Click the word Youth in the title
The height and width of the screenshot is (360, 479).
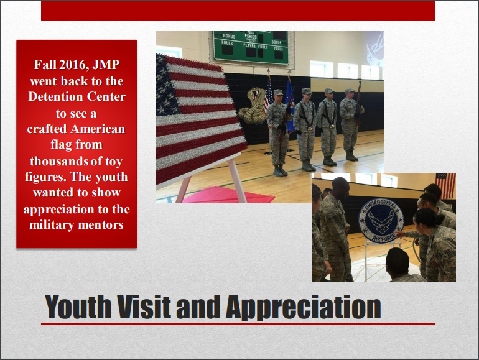click(x=78, y=307)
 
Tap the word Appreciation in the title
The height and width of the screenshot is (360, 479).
click(x=304, y=308)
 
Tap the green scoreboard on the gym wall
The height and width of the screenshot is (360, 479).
click(x=251, y=47)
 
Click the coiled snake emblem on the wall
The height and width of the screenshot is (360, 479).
click(x=253, y=105)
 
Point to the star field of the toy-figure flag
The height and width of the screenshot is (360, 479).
click(x=167, y=86)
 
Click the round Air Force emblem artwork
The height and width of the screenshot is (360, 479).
click(x=381, y=221)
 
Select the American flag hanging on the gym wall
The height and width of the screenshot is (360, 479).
click(x=445, y=186)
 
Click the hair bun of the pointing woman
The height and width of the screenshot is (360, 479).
click(x=440, y=219)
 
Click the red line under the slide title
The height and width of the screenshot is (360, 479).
click(x=238, y=323)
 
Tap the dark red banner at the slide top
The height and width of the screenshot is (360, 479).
click(x=238, y=11)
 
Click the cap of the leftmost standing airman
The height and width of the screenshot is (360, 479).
click(x=278, y=92)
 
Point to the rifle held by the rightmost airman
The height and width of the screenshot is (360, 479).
click(x=359, y=103)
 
